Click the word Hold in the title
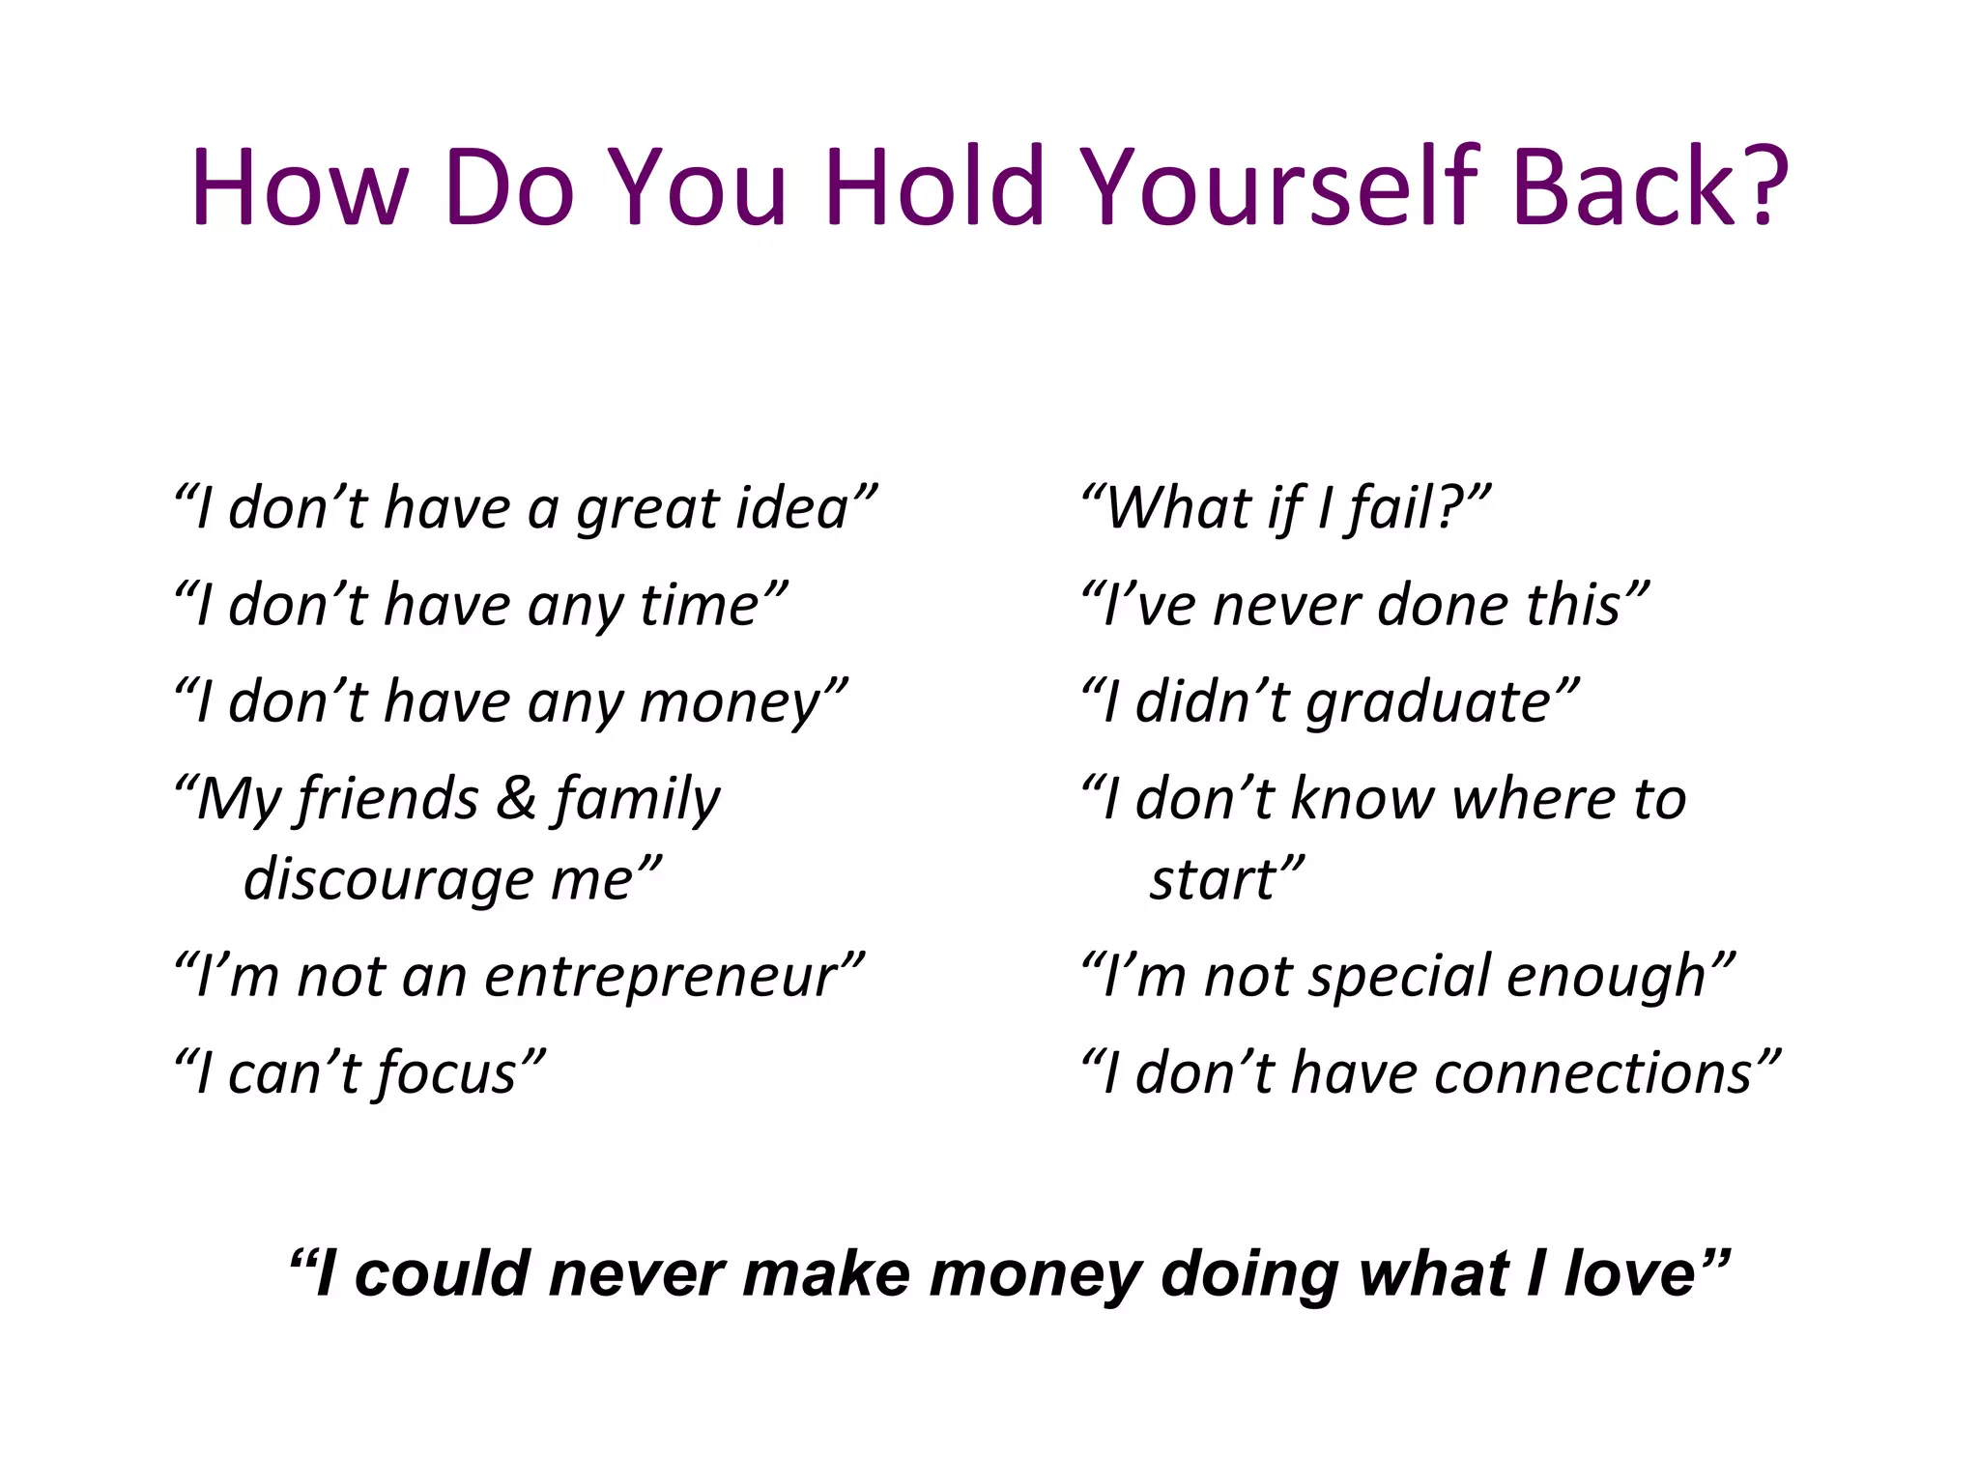point(934,186)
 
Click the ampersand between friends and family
point(517,799)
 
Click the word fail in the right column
point(1392,508)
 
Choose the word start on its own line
point(1214,880)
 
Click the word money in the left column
point(731,702)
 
